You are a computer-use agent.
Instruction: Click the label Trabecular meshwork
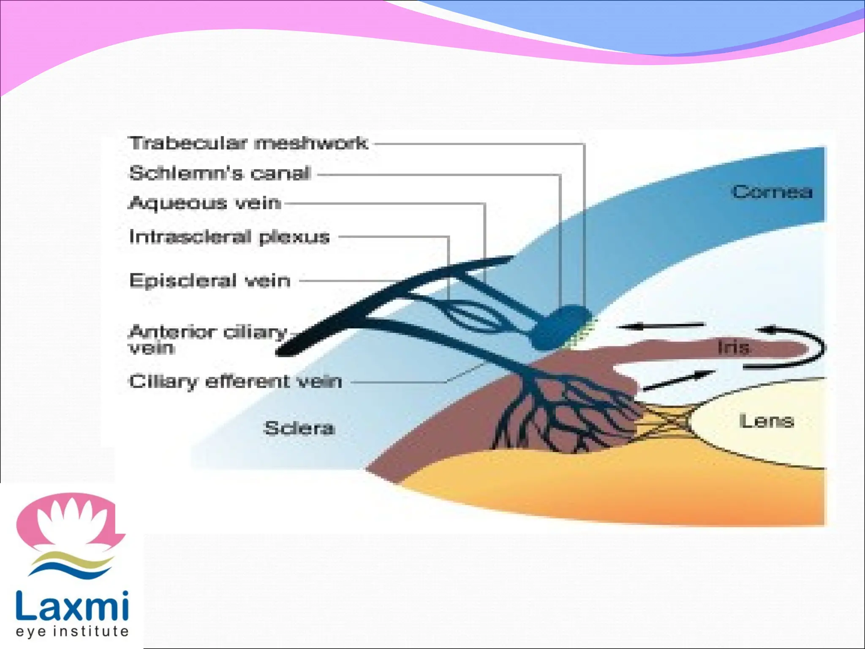click(248, 143)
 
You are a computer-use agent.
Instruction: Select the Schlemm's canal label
click(220, 173)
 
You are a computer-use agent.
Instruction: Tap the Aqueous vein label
click(204, 203)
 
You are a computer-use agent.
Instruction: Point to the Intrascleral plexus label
click(229, 237)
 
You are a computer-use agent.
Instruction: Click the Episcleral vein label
click(210, 281)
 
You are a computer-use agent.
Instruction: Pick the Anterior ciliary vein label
click(207, 339)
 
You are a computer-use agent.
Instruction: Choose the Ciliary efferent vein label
click(235, 382)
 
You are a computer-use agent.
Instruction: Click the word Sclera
click(299, 428)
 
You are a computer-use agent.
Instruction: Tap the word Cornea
click(772, 192)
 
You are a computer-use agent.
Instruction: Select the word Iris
click(734, 347)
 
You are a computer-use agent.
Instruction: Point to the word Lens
click(766, 421)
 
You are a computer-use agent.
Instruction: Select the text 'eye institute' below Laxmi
click(72, 631)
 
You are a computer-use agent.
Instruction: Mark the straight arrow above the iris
click(661, 326)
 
